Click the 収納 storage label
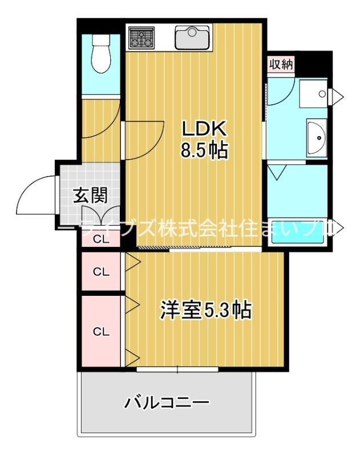pyautogui.click(x=281, y=64)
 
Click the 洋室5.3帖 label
pyautogui.click(x=206, y=311)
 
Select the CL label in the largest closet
pyautogui.click(x=101, y=331)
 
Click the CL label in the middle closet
pyautogui.click(x=101, y=271)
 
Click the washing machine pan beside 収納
pyautogui.click(x=313, y=93)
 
